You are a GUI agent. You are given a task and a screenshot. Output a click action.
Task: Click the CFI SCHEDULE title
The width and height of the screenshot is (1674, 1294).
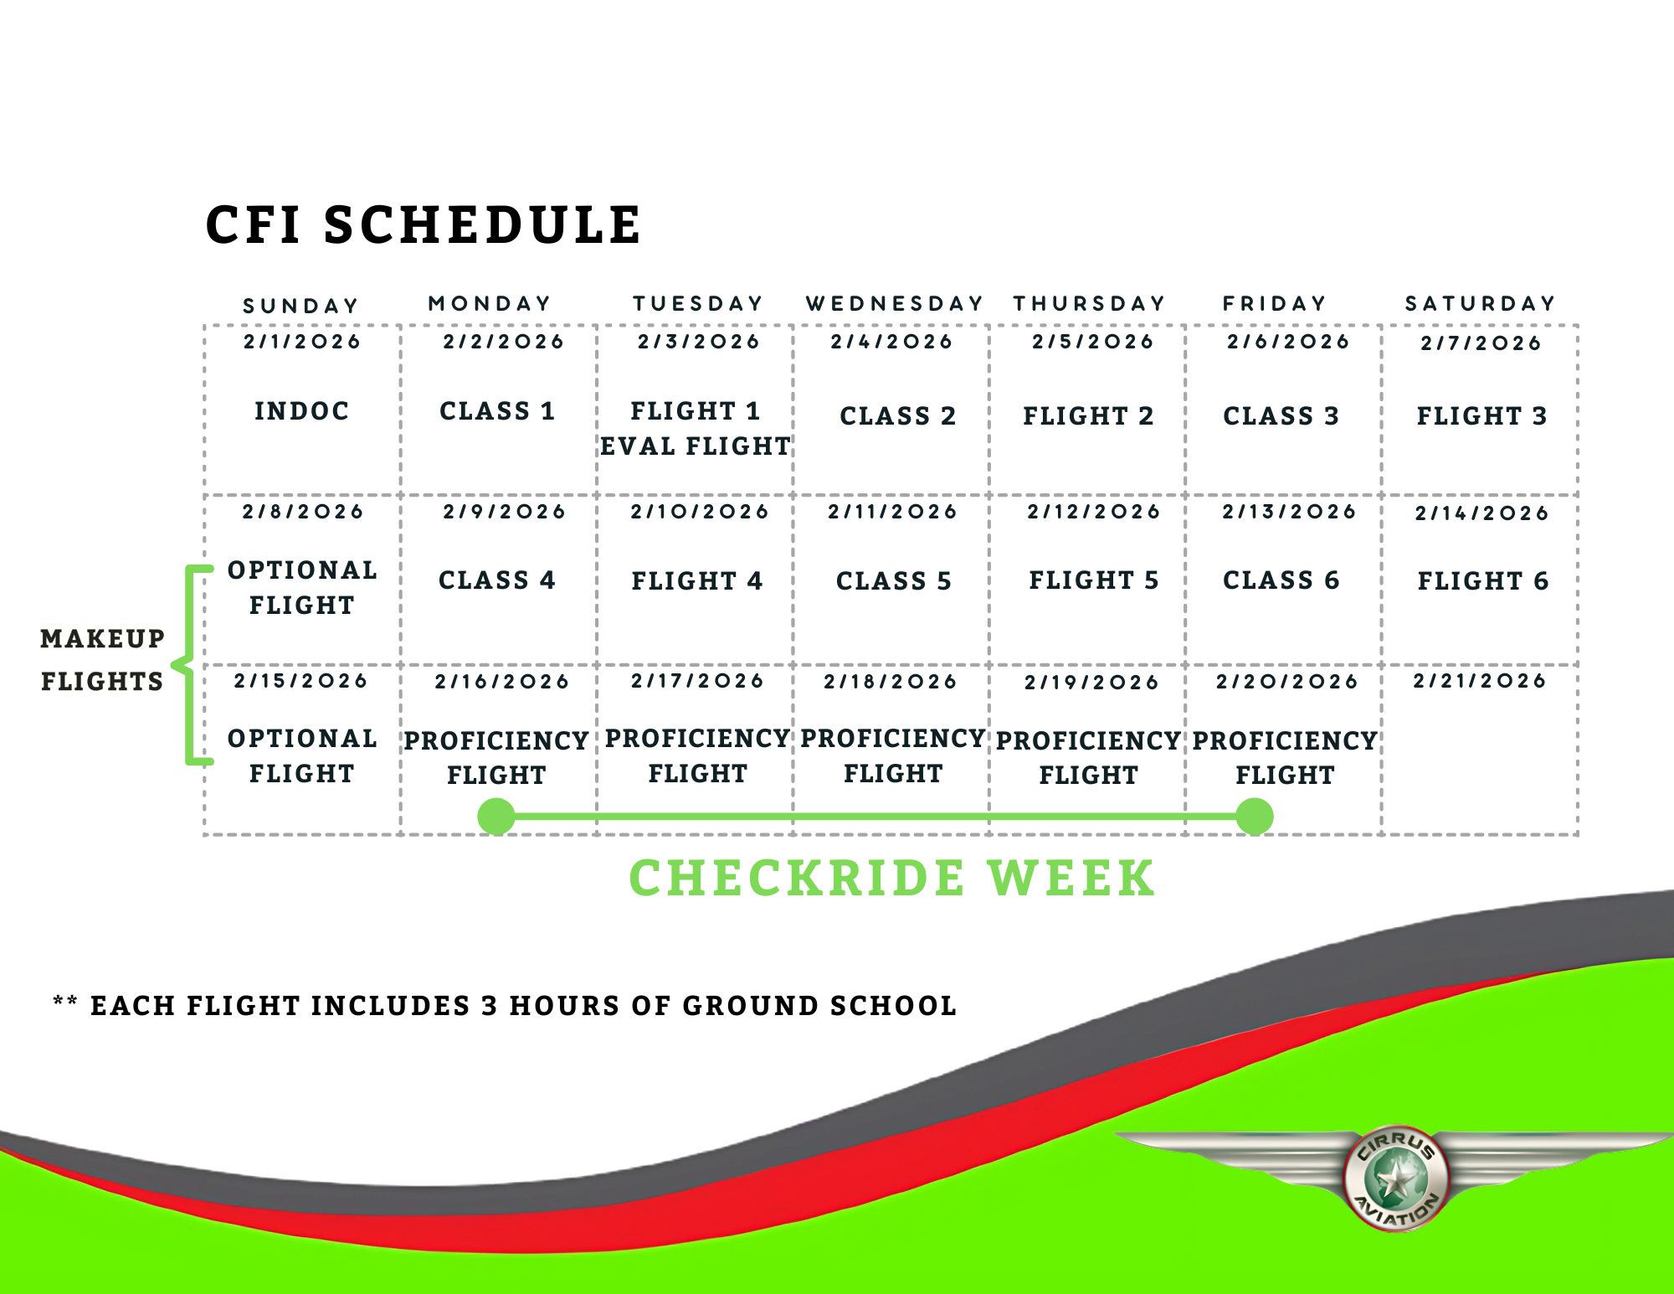click(424, 225)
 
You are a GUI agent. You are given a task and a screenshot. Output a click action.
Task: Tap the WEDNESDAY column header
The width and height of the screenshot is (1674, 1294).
click(894, 303)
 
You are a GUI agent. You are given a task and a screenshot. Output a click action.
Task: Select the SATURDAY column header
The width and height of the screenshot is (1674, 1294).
click(1480, 303)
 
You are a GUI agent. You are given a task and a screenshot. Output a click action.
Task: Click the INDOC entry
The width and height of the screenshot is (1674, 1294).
click(302, 411)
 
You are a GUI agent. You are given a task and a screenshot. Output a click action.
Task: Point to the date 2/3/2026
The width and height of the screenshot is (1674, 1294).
click(699, 342)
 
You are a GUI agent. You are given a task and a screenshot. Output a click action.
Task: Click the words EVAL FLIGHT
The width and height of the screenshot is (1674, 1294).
click(695, 446)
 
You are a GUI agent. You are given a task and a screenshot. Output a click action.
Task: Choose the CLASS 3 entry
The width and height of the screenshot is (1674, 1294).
click(1281, 415)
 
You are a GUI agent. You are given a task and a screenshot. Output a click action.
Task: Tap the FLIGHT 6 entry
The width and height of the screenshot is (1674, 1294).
click(1482, 580)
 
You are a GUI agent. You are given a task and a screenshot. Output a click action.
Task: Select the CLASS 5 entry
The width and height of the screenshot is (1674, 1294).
click(894, 580)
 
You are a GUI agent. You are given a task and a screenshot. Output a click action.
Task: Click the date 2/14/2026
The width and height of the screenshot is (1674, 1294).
click(1481, 513)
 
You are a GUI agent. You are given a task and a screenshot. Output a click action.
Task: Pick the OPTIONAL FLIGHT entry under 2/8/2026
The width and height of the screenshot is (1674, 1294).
click(302, 587)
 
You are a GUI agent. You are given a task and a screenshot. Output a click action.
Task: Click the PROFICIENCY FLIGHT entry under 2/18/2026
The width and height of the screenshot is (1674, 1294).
click(892, 755)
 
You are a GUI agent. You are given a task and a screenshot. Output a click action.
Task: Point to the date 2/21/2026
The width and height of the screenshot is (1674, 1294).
click(1480, 681)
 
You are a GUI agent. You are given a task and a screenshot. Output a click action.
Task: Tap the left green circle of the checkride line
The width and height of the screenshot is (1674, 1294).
click(496, 816)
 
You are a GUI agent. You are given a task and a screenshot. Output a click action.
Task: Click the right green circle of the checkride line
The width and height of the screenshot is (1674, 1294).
click(1255, 816)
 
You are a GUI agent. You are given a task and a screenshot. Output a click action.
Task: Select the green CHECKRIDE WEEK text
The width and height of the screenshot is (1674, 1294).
click(892, 878)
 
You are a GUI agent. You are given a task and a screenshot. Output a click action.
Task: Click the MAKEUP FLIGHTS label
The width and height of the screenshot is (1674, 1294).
click(102, 660)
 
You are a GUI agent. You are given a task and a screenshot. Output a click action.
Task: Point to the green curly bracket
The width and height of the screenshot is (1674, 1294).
click(191, 666)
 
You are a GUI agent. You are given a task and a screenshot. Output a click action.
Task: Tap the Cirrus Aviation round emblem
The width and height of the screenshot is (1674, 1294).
click(1395, 1178)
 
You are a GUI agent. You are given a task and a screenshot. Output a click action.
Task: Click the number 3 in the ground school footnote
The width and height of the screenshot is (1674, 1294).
click(489, 1005)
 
